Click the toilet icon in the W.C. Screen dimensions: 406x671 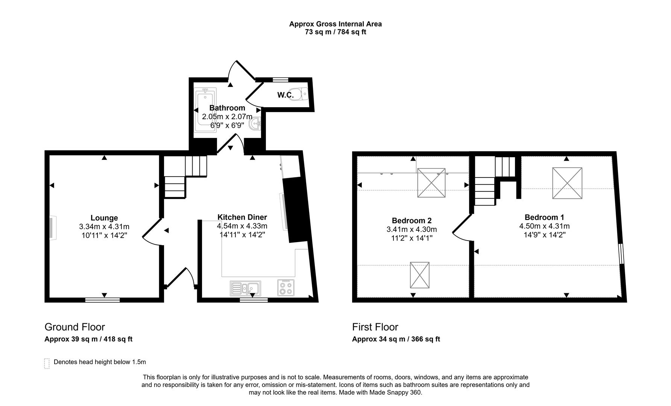(x=301, y=94)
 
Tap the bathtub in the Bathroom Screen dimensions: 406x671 (x=205, y=109)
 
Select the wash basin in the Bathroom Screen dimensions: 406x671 (x=255, y=123)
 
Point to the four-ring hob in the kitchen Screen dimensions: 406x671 (x=286, y=288)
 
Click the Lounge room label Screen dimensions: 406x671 (x=104, y=218)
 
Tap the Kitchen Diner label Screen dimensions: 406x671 (x=242, y=217)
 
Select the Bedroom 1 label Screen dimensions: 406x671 (x=544, y=217)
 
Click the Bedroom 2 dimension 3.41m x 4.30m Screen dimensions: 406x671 (x=411, y=229)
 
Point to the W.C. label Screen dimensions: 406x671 (x=285, y=95)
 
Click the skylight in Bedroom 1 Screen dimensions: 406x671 (x=567, y=183)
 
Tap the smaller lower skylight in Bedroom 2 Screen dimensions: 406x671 (x=419, y=275)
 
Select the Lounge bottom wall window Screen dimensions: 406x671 (x=102, y=300)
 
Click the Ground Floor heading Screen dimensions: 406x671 (x=74, y=327)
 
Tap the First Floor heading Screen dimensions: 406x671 (x=375, y=327)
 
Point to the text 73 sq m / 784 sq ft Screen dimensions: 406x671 (x=335, y=32)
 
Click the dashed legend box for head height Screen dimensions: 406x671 (x=47, y=363)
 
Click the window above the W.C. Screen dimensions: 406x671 (x=280, y=79)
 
